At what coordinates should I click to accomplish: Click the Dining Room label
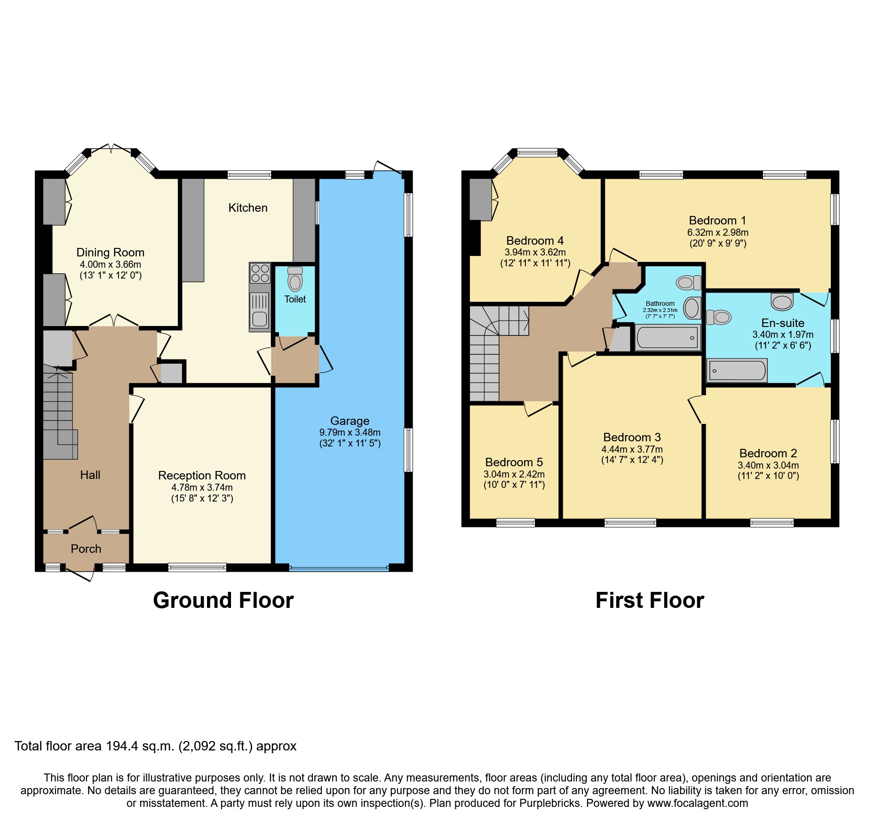tap(110, 253)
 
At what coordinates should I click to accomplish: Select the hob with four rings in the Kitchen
tap(260, 273)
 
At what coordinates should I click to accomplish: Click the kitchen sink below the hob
tap(259, 311)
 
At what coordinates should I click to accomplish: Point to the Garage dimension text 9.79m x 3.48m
tap(350, 432)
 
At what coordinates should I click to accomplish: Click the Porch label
tap(86, 549)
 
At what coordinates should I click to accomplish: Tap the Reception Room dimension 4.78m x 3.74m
tap(202, 488)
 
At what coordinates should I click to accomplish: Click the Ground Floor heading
tap(223, 601)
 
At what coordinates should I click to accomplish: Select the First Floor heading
tap(649, 601)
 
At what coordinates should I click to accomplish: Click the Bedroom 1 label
tap(717, 220)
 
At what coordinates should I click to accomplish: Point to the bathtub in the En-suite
tap(737, 371)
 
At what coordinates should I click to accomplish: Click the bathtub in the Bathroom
tap(667, 337)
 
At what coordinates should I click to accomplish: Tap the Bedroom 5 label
tap(514, 462)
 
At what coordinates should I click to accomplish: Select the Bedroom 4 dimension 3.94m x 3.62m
tap(535, 252)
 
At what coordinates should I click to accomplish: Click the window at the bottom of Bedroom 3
tap(630, 522)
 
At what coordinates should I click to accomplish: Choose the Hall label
tap(90, 475)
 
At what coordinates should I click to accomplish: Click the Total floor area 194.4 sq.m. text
tap(155, 746)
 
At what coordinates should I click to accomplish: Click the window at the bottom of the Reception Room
tap(197, 567)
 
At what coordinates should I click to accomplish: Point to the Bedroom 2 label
tap(768, 453)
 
